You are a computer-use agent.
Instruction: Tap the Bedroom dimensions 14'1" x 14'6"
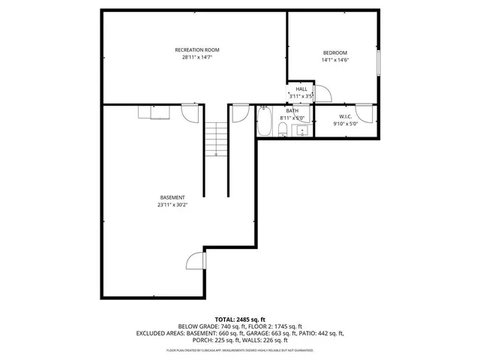(x=334, y=60)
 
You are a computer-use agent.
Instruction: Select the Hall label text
(x=301, y=89)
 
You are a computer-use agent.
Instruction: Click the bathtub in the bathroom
(x=265, y=122)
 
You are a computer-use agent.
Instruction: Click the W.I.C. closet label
(x=345, y=116)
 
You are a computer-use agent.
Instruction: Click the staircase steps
(x=216, y=138)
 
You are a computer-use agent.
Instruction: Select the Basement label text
(x=172, y=197)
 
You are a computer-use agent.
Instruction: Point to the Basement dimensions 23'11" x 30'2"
(x=172, y=205)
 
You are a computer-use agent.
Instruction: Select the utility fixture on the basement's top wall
(x=154, y=112)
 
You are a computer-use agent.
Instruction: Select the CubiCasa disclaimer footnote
(x=240, y=350)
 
